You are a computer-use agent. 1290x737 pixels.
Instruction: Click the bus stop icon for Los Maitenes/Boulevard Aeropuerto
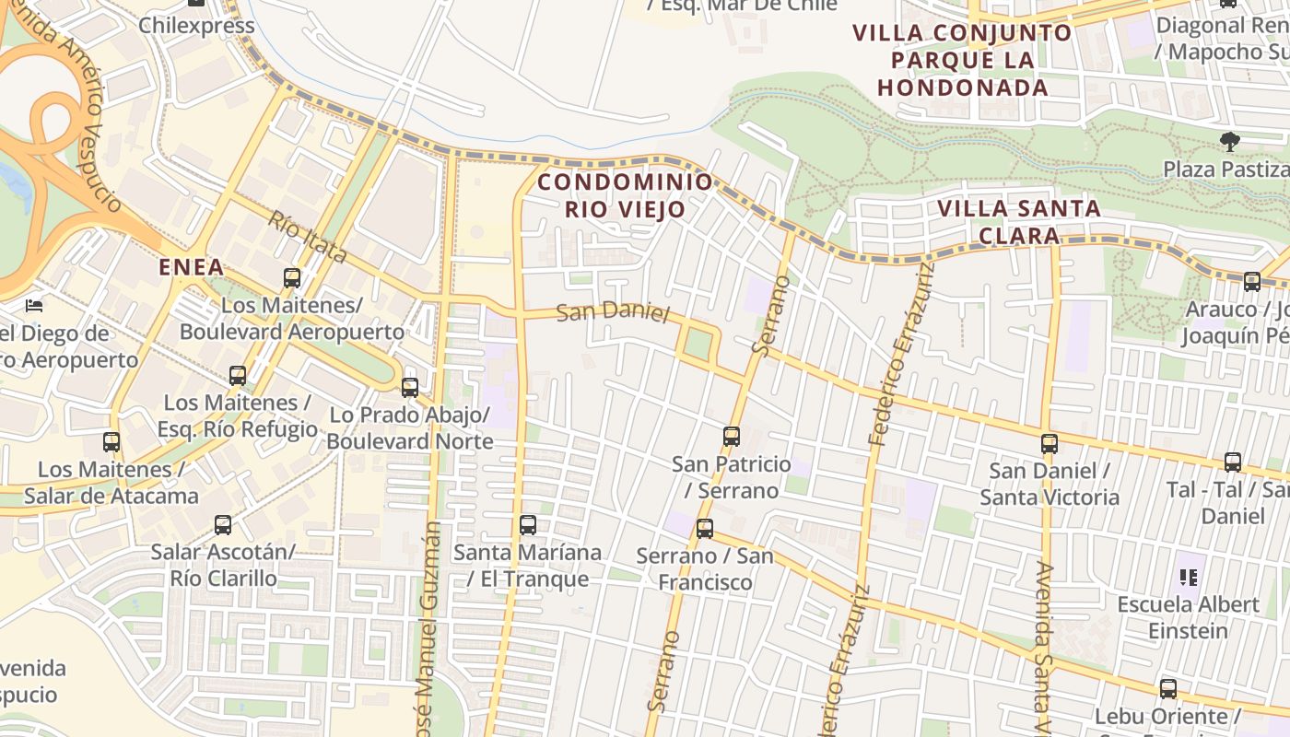[x=292, y=277]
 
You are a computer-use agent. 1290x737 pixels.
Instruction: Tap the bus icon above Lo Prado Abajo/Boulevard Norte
[x=410, y=387]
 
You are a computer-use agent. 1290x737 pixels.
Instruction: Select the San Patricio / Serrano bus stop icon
[x=732, y=436]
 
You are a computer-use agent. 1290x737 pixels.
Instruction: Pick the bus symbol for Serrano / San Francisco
[x=705, y=528]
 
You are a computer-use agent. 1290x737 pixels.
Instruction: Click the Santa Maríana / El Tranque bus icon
[x=528, y=525]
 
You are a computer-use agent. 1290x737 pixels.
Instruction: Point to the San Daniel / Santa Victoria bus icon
[x=1049, y=443]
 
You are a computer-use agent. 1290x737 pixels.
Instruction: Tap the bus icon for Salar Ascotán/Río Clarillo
[x=223, y=525]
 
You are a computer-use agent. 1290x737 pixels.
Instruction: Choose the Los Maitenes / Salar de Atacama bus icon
[x=111, y=442]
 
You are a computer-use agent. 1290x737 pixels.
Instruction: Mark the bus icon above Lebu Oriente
[x=1168, y=688]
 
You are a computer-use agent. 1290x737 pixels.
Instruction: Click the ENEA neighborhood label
[x=192, y=268]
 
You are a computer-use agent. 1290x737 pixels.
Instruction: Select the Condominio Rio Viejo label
[x=626, y=195]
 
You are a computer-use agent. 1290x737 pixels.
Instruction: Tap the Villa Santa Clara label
[x=1019, y=222]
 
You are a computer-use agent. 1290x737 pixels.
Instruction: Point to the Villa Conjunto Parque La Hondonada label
[x=963, y=61]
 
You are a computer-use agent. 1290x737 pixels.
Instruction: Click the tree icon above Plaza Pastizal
[x=1229, y=142]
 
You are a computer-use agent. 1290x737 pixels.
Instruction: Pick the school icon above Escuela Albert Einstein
[x=1189, y=578]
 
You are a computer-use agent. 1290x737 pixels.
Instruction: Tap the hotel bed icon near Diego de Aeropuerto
[x=34, y=305]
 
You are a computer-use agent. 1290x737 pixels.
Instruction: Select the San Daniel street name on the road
[x=613, y=311]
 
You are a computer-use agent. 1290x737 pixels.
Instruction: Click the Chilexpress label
[x=196, y=25]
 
